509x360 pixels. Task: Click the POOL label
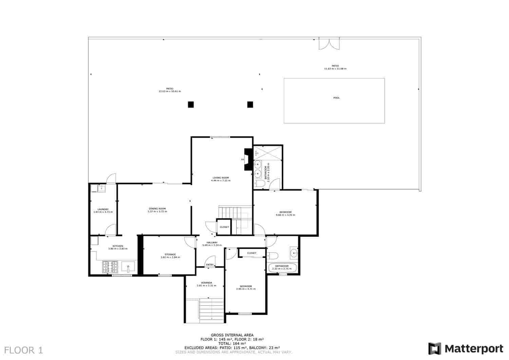[x=336, y=98]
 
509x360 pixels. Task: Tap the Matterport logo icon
[x=434, y=348]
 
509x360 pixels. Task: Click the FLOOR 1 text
[x=24, y=350]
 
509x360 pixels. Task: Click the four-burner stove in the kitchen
[x=110, y=267]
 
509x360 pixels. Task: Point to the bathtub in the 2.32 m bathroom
[x=282, y=268]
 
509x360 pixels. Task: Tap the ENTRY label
[x=210, y=265]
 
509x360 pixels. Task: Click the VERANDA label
[x=206, y=283]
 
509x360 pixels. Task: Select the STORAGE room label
[x=170, y=254]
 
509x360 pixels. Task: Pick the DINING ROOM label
[x=157, y=208]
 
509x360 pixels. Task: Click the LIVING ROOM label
[x=221, y=178]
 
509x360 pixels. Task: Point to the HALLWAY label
[x=212, y=242]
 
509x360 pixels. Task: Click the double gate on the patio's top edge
[x=328, y=43]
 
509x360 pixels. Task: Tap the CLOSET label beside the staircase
[x=224, y=227]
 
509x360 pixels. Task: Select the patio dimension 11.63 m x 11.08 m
[x=335, y=69]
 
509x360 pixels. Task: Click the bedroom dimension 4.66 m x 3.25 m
[x=285, y=215]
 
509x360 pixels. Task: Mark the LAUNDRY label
[x=103, y=209]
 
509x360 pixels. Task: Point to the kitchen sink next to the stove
[x=128, y=267]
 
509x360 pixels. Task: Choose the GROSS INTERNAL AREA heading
[x=232, y=335]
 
